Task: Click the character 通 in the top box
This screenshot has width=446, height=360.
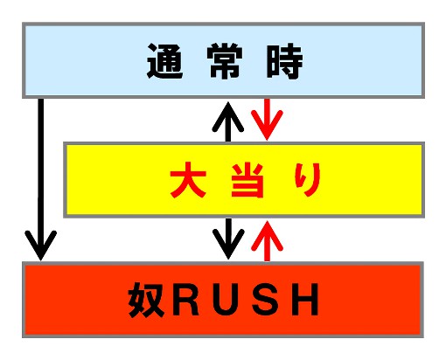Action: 165,61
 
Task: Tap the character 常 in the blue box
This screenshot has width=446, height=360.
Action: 225,61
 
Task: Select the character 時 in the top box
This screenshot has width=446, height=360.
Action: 284,61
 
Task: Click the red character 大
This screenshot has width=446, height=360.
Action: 188,180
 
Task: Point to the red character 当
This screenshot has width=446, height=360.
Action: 247,180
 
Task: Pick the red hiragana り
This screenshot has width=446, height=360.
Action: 308,179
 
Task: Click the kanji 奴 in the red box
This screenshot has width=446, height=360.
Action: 145,300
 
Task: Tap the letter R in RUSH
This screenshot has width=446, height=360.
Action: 186,300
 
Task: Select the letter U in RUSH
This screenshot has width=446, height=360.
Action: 226,301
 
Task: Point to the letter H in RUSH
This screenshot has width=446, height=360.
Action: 305,300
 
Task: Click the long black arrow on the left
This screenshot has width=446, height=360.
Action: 41,179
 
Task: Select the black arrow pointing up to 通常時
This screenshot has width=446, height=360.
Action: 228,122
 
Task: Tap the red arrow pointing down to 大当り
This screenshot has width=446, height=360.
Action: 267,120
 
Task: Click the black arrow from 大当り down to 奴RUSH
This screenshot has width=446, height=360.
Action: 228,239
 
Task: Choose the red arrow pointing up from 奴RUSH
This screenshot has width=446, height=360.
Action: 267,241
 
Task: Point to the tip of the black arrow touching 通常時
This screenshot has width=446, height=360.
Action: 228,102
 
